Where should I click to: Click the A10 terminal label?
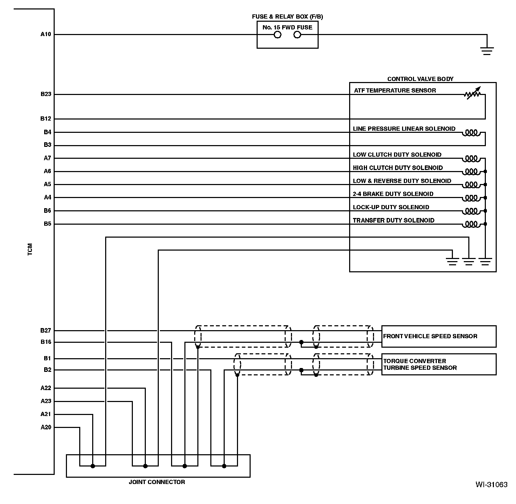(x=46, y=34)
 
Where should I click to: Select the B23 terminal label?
(x=46, y=94)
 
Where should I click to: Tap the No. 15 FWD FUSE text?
(x=287, y=27)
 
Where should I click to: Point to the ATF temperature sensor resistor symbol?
(x=472, y=93)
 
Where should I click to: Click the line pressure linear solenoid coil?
(x=471, y=133)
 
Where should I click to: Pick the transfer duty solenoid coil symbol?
(x=471, y=224)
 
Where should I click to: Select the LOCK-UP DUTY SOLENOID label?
(x=391, y=207)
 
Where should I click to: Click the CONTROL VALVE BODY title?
(x=420, y=79)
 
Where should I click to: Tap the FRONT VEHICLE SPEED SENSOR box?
(x=439, y=336)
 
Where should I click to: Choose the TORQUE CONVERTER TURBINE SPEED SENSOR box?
(x=439, y=365)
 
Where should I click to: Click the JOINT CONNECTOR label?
(x=157, y=482)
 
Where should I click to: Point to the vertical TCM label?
(x=30, y=249)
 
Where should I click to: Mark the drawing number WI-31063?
(x=491, y=485)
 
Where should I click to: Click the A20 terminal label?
(x=46, y=427)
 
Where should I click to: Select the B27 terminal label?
(x=46, y=331)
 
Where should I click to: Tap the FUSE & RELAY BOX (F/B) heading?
(x=287, y=16)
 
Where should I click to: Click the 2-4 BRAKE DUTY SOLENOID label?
(x=393, y=194)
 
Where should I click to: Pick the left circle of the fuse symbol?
(x=277, y=35)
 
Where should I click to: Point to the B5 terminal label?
(x=47, y=224)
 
